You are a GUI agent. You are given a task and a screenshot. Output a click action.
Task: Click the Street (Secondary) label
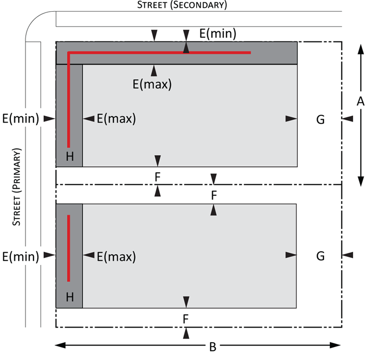click(182, 5)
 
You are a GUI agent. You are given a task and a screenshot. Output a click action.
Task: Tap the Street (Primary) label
click(17, 187)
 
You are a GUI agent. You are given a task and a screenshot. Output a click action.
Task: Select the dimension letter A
click(360, 102)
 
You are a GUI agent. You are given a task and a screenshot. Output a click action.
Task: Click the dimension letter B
click(213, 347)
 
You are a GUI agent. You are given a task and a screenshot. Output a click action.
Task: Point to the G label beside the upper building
click(320, 119)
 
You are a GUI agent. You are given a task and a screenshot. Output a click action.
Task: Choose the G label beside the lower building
click(320, 256)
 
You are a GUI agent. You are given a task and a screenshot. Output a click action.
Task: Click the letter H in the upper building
click(70, 156)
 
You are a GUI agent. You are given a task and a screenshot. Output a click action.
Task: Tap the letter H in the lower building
click(70, 297)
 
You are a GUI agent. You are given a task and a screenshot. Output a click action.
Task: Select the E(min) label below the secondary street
click(218, 34)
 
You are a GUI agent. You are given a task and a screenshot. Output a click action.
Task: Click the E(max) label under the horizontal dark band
click(152, 84)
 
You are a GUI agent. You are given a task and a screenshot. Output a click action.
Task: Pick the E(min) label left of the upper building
click(21, 118)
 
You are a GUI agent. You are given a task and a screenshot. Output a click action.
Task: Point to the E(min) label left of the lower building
click(21, 256)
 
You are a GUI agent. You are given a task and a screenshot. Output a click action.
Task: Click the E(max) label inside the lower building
click(116, 256)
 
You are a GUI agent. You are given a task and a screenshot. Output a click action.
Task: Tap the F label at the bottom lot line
click(186, 319)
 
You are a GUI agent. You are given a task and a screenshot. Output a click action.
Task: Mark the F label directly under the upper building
click(158, 177)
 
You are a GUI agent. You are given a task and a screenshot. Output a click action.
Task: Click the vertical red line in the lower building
click(69, 248)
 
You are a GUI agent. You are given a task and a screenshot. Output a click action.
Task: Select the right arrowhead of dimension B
click(335, 345)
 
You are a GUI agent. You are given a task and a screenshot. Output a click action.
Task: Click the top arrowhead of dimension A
click(361, 49)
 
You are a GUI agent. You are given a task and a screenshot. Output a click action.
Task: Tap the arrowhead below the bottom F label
click(186, 333)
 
